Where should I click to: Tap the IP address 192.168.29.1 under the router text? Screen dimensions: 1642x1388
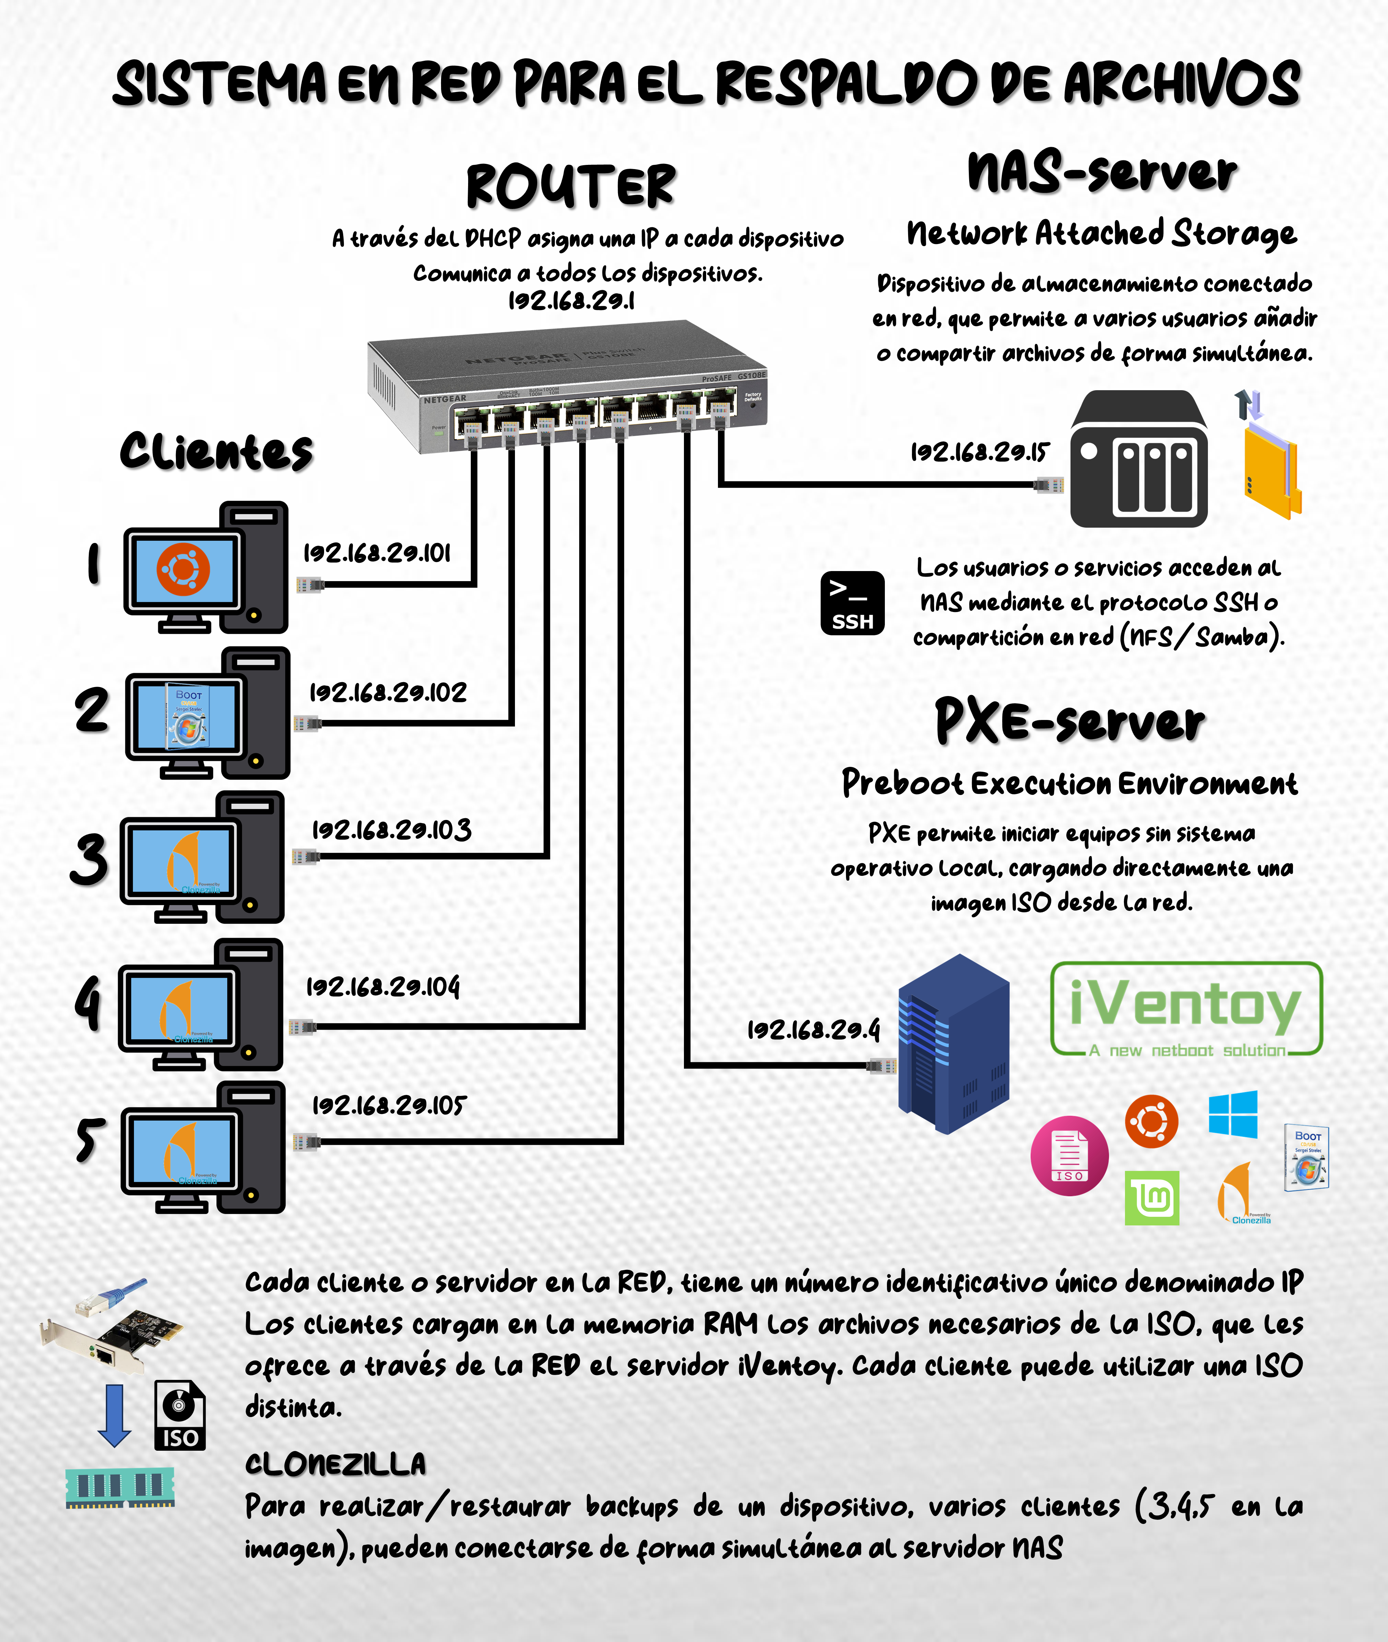click(571, 301)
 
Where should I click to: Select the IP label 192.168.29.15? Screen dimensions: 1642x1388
click(980, 452)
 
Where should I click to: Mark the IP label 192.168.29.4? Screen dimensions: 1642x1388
click(813, 1030)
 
